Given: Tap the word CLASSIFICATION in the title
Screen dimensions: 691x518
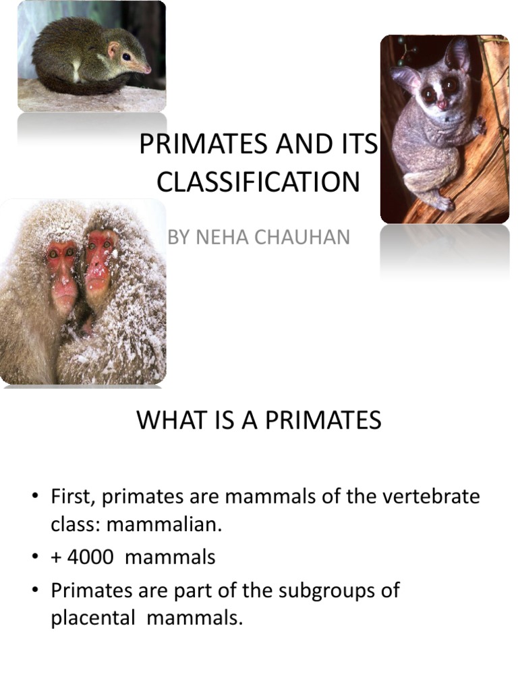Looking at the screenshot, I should [258, 182].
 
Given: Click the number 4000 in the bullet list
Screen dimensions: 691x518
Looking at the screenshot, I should [90, 557].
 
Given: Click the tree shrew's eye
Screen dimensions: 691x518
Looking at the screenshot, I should [126, 57].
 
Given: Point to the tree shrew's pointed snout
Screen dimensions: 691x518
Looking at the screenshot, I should [144, 68].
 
